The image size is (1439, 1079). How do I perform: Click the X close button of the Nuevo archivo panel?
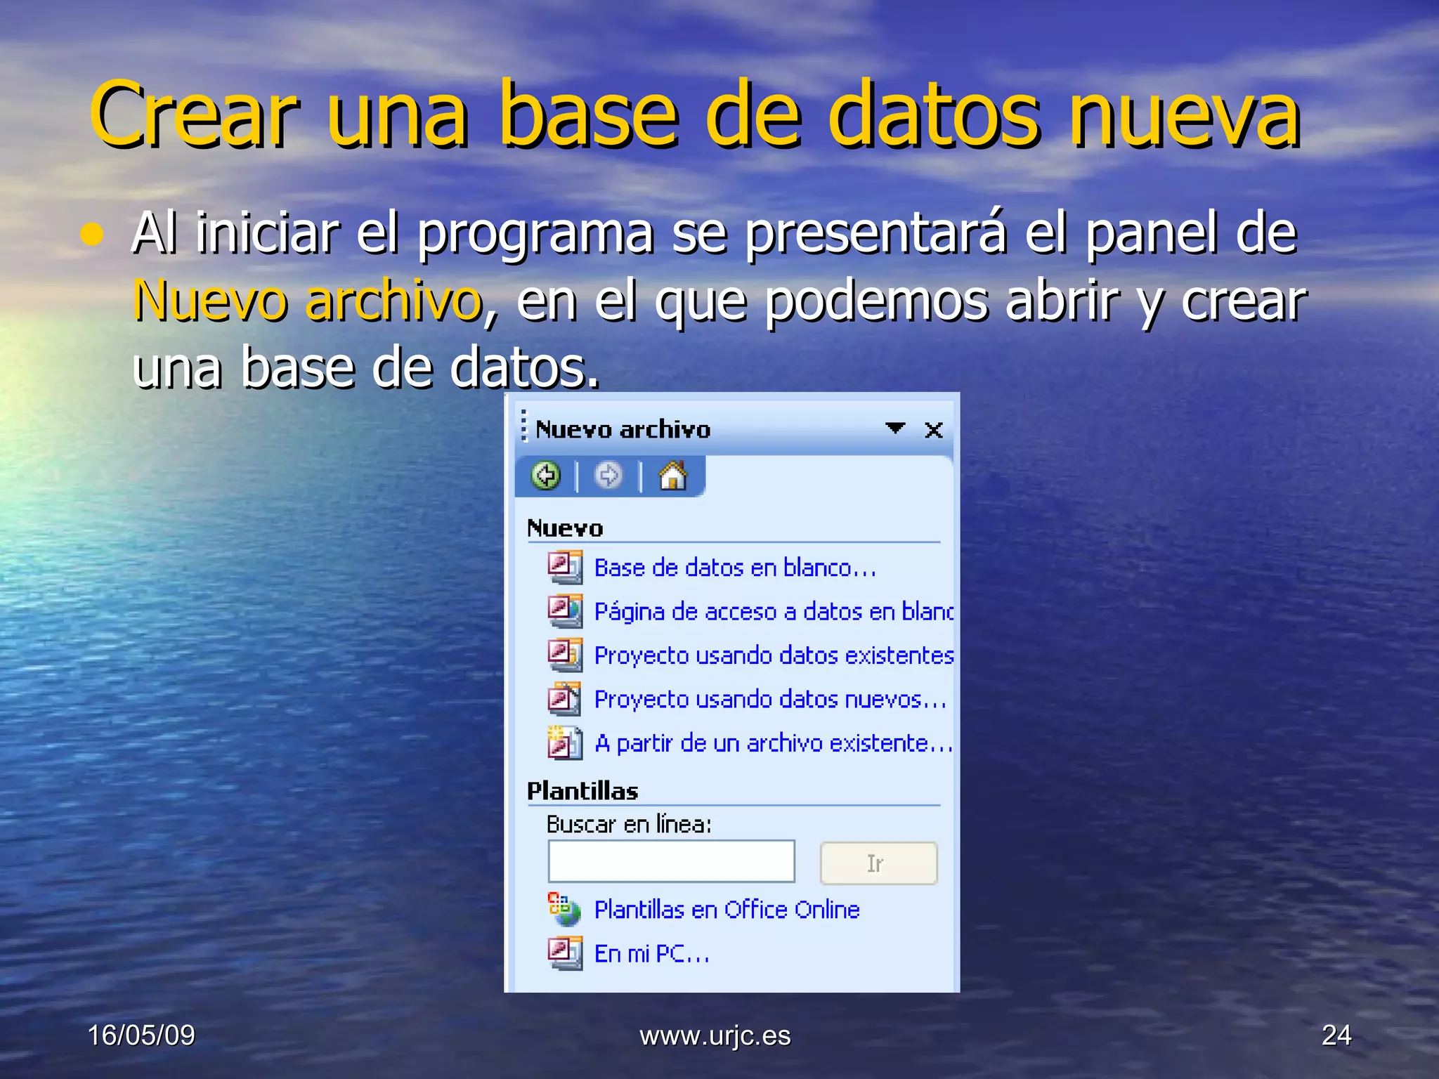tap(933, 430)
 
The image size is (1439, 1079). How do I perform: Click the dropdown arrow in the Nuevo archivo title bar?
tap(894, 428)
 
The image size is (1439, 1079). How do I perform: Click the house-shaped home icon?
tap(672, 476)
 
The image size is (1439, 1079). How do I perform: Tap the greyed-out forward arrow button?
tap(608, 476)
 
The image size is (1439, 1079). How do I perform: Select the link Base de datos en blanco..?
tap(734, 568)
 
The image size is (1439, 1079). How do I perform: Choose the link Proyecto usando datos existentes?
tap(773, 655)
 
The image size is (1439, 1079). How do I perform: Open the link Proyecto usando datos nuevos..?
tap(769, 700)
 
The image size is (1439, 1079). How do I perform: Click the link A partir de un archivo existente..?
tap(773, 743)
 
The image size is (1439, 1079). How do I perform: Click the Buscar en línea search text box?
tap(671, 861)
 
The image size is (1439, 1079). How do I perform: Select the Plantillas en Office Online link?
tap(727, 910)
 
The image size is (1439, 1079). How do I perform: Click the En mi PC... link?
tap(651, 954)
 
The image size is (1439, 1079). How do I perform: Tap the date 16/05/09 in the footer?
tap(141, 1035)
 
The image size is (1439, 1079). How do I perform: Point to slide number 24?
tap(1336, 1035)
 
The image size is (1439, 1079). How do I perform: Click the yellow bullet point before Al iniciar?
tap(91, 235)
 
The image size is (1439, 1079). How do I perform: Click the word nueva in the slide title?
tap(1184, 116)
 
